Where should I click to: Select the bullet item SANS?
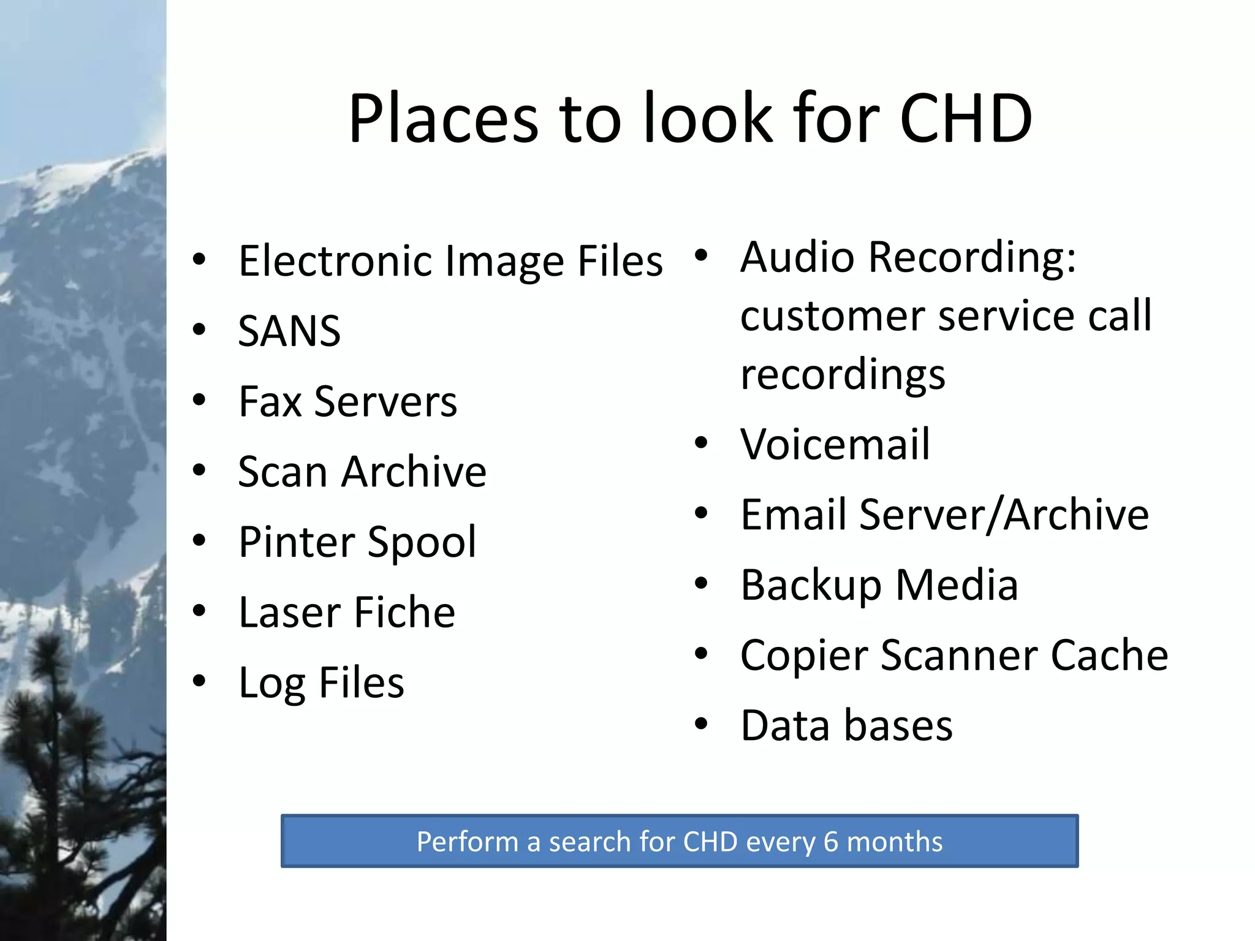[x=289, y=331]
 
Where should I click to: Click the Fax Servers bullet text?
[x=347, y=402]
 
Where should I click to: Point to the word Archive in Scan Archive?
[x=414, y=472]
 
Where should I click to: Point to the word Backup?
[x=811, y=585]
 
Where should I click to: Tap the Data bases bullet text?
[x=846, y=725]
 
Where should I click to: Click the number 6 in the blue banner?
[x=830, y=842]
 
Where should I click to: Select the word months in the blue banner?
[x=894, y=842]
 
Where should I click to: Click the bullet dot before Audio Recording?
[x=701, y=255]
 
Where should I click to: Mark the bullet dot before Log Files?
[x=199, y=681]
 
